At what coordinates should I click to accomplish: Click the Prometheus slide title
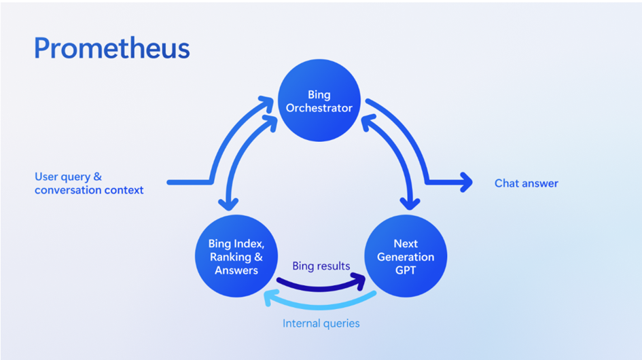click(x=112, y=49)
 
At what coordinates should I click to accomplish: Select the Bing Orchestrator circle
click(x=319, y=101)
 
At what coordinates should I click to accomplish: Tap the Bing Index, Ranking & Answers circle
click(x=236, y=256)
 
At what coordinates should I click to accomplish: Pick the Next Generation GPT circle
click(x=406, y=256)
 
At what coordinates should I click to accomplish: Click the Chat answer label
click(x=526, y=183)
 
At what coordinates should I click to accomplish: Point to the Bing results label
click(x=321, y=266)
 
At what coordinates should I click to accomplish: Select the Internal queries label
click(x=321, y=323)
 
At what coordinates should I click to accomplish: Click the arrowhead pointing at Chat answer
click(x=466, y=182)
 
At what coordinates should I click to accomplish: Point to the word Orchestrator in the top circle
click(x=319, y=108)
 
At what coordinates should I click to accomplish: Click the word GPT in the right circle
click(x=406, y=270)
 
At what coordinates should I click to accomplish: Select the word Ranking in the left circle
click(x=230, y=257)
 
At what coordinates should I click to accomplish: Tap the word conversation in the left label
click(x=68, y=190)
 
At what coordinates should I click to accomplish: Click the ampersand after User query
click(x=97, y=177)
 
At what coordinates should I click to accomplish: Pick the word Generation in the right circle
click(x=406, y=257)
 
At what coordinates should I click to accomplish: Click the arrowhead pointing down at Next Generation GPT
click(x=410, y=204)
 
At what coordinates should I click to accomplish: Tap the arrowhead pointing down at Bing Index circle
click(x=228, y=204)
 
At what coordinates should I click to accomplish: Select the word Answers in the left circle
click(x=236, y=270)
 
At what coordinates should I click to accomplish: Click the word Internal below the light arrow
click(x=300, y=323)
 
